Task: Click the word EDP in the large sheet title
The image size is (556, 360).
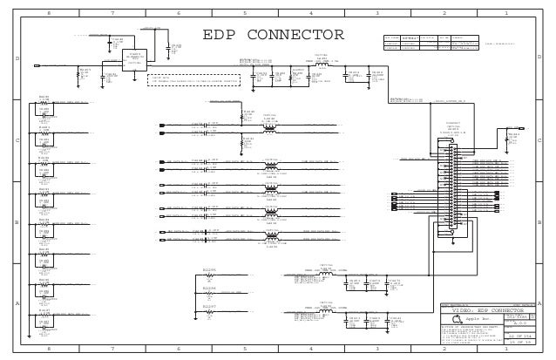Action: (223, 36)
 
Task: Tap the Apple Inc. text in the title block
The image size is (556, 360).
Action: (483, 319)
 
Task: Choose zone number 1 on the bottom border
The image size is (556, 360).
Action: (507, 349)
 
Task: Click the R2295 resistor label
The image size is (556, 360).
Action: (208, 271)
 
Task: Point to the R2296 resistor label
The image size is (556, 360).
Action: (208, 288)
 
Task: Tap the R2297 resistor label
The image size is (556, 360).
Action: (208, 307)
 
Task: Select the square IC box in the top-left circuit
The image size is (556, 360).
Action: (134, 58)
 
